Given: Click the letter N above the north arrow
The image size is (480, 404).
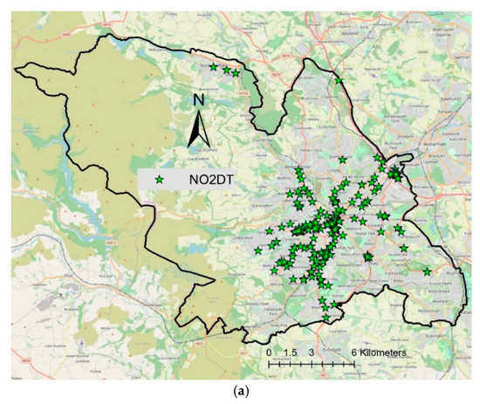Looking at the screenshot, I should click(x=199, y=99).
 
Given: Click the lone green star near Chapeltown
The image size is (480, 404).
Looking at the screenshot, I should click(x=339, y=81).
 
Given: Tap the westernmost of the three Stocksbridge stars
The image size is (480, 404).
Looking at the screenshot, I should click(x=213, y=66).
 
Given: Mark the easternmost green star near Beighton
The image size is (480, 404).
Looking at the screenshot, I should click(x=427, y=270).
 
